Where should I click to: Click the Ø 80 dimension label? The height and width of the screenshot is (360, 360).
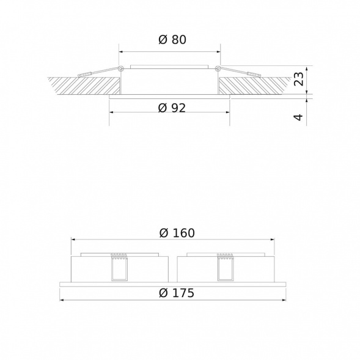(171, 40)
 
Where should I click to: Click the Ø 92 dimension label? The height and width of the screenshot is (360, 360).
(171, 108)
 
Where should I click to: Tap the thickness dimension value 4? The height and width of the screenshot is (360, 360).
(298, 116)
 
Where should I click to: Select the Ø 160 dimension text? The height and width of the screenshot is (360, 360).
(176, 233)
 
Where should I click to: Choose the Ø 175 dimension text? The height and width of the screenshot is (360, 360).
(176, 293)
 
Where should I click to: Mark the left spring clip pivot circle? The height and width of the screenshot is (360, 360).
(121, 68)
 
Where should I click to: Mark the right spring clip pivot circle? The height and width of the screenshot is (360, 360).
(218, 68)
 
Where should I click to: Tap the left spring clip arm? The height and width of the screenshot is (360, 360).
(98, 73)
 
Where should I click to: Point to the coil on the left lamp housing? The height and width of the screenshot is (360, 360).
(119, 256)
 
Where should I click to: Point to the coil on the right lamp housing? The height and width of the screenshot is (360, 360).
(226, 256)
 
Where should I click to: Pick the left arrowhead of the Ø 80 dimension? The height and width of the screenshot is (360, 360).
(121, 51)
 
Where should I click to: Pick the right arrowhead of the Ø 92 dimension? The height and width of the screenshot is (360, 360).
(228, 114)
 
